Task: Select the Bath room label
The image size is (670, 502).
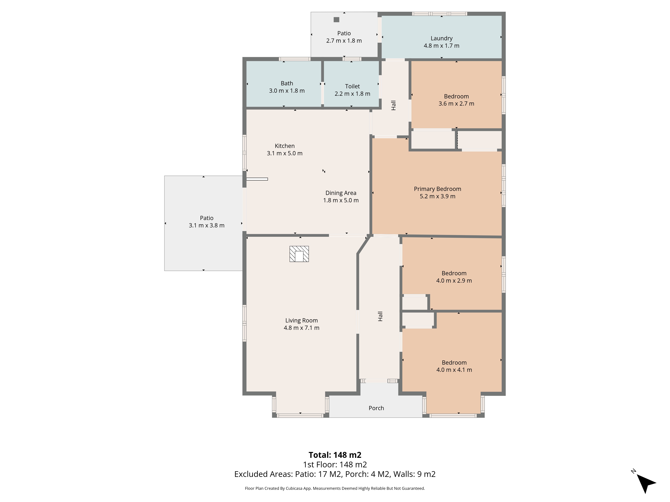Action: tap(287, 83)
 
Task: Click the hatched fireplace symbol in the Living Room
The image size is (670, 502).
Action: tap(299, 254)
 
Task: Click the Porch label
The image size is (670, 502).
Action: tap(376, 408)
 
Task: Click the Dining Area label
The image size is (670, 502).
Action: tap(341, 193)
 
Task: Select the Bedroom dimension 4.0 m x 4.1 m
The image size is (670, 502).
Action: tap(454, 370)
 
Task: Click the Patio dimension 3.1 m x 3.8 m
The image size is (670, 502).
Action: tap(207, 225)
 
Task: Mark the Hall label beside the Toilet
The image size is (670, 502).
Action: tap(393, 105)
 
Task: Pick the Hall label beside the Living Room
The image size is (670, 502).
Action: tap(380, 316)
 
